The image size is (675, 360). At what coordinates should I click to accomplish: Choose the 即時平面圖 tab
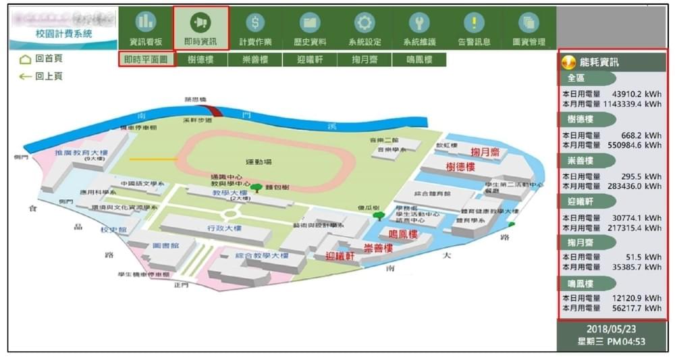[x=146, y=59]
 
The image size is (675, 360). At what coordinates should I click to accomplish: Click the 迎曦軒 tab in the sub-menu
[x=310, y=59]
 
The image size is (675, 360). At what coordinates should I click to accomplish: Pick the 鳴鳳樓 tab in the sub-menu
[x=420, y=59]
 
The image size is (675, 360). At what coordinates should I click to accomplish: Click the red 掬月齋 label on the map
[x=485, y=153]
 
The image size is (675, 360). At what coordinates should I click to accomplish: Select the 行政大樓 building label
[x=225, y=228]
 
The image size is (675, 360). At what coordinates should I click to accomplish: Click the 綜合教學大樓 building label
[x=262, y=256]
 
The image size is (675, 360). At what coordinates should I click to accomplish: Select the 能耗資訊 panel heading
[x=599, y=62]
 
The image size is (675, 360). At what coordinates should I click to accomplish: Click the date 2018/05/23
[x=612, y=329]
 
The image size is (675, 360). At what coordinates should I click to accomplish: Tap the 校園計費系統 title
[x=64, y=34]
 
